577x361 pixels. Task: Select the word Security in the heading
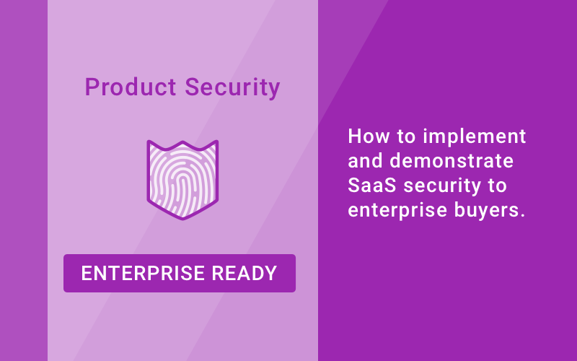(232, 87)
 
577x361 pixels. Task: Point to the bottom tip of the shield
(182, 219)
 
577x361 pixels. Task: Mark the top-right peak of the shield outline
(216, 142)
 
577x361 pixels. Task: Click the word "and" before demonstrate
(364, 161)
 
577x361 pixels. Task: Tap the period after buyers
(521, 217)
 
